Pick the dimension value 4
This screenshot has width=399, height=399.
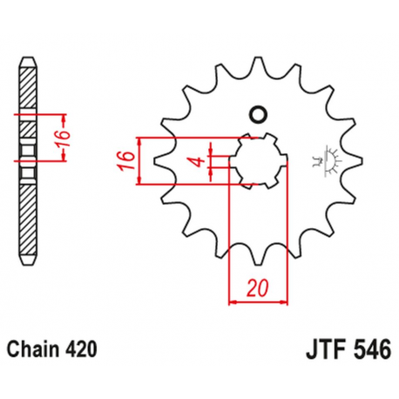point(199,161)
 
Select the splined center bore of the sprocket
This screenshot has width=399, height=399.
point(258,160)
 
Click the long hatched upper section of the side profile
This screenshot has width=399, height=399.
point(29,91)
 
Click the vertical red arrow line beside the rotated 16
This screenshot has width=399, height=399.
point(65,137)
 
